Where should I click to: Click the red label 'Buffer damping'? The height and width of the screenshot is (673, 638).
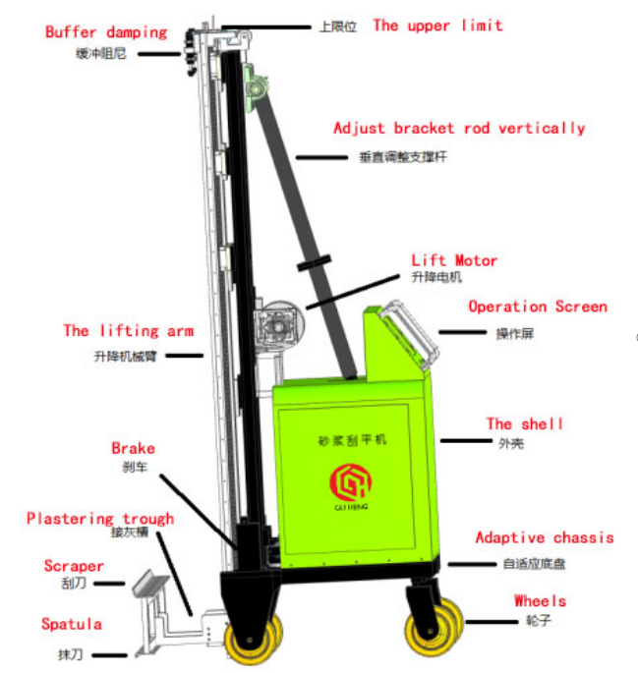(x=106, y=32)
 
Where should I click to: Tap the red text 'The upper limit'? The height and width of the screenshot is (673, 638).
(x=436, y=26)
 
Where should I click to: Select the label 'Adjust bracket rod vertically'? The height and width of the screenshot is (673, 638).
(x=459, y=129)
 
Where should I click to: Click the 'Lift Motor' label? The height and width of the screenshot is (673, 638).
(x=454, y=260)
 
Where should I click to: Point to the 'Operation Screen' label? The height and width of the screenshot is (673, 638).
(x=538, y=307)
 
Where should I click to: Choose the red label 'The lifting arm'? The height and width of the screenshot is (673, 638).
(x=128, y=331)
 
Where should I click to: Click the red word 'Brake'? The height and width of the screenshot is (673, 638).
(x=133, y=449)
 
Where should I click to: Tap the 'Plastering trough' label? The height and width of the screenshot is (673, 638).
(x=100, y=519)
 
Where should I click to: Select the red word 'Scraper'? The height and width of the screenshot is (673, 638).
(x=74, y=566)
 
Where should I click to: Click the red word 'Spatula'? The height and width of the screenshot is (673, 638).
(x=71, y=624)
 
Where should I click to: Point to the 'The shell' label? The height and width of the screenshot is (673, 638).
(x=525, y=424)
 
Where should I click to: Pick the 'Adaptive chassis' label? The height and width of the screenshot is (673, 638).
(x=545, y=537)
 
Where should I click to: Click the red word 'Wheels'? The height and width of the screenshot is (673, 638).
(x=540, y=600)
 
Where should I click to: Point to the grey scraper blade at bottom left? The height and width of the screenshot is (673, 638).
(x=150, y=588)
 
